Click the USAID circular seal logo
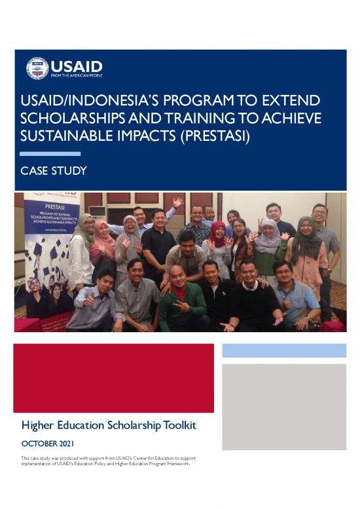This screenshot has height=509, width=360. [x=37, y=68]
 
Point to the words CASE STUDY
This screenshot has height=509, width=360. [x=54, y=171]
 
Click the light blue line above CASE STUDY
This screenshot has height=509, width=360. [x=50, y=154]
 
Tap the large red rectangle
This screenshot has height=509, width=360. [x=113, y=378]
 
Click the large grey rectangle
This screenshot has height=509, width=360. [x=283, y=407]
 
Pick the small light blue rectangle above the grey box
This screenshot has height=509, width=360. [x=283, y=350]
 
